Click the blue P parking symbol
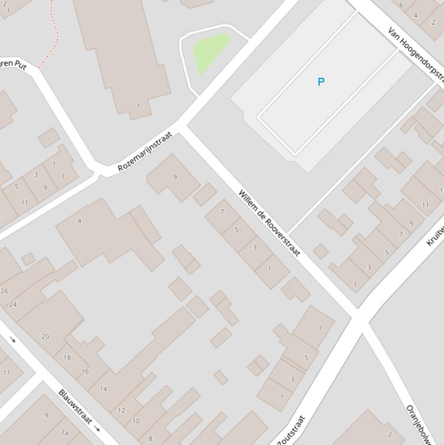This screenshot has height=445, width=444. click(321, 82)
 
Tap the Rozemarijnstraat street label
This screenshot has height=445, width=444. click(145, 152)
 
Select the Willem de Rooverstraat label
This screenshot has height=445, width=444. click(269, 223)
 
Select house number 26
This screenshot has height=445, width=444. click(5, 291)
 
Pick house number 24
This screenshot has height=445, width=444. click(13, 304)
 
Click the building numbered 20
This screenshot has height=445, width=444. click(45, 336)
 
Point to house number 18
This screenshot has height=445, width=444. click(67, 357)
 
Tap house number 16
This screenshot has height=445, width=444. click(85, 372)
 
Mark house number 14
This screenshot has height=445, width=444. click(103, 389)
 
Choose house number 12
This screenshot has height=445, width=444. click(121, 410)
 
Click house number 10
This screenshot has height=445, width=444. click(136, 421)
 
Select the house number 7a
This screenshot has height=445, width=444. click(65, 432)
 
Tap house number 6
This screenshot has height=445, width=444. click(401, 5)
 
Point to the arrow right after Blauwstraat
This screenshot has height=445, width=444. click(97, 429)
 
